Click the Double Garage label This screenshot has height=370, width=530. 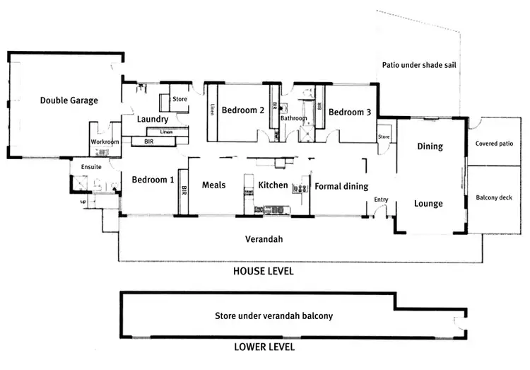[x=69, y=100]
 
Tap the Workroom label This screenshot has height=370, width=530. [x=105, y=142]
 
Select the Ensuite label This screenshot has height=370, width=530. [x=92, y=167]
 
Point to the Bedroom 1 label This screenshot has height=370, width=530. [x=153, y=180]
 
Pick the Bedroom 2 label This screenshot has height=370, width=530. [x=242, y=110]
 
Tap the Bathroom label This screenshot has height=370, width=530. [x=293, y=118]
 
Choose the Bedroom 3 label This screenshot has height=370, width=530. [x=349, y=112]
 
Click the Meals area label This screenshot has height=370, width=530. [x=213, y=185]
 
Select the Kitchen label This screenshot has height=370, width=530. [x=273, y=185]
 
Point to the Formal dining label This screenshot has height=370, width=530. [x=341, y=187]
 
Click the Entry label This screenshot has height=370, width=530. [x=381, y=200]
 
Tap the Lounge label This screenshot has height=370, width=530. [x=428, y=204]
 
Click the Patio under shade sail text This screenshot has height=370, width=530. [x=420, y=64]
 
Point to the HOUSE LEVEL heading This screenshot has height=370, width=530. [x=264, y=271]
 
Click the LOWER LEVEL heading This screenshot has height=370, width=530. [x=264, y=347]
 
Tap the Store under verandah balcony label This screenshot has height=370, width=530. [x=273, y=316]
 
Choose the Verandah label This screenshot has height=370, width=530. [x=264, y=239]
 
